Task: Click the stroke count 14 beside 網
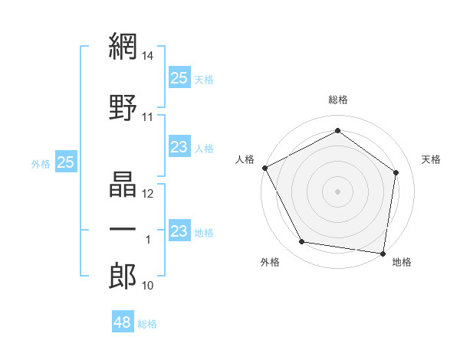(x=149, y=56)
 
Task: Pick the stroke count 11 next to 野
(x=148, y=117)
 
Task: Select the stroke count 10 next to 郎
(x=148, y=286)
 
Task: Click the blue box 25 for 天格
(x=179, y=77)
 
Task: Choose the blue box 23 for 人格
(x=179, y=147)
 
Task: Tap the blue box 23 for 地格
(x=179, y=231)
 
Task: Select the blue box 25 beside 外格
(x=66, y=162)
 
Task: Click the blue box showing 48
(x=123, y=322)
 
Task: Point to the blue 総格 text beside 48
(x=148, y=324)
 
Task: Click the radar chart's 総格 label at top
(x=337, y=100)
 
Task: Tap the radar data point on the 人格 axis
(x=264, y=168)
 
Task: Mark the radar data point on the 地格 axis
(x=383, y=253)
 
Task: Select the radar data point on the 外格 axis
(x=302, y=242)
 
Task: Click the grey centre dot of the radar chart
(x=337, y=191)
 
